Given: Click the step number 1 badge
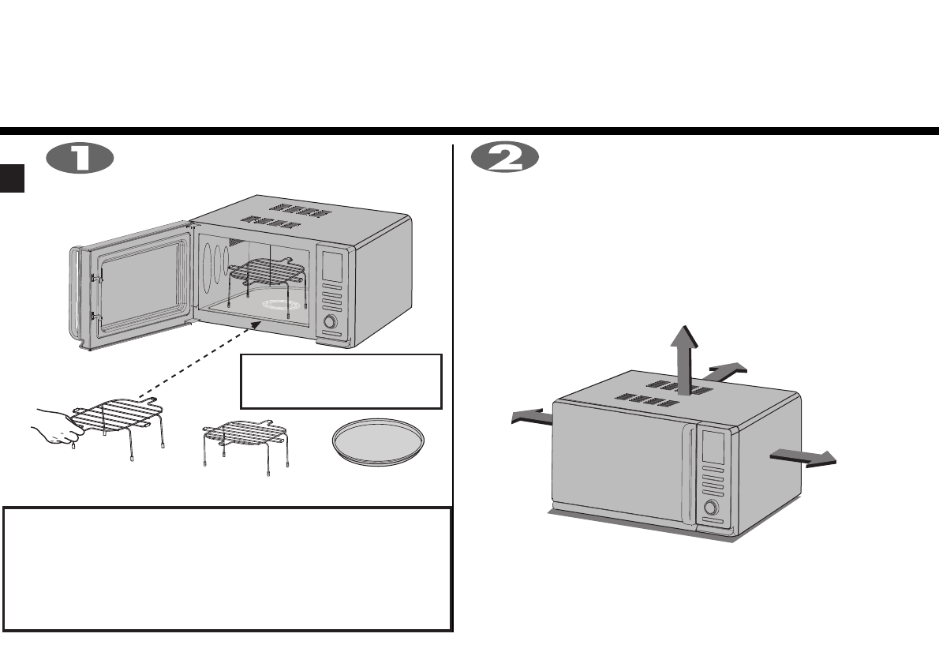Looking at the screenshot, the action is tap(81, 158).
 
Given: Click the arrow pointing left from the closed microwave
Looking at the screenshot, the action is tap(531, 417).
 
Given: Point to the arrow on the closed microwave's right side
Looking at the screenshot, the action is tap(802, 457).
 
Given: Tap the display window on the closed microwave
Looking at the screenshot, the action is tap(712, 446).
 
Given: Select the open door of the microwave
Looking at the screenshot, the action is tap(130, 288).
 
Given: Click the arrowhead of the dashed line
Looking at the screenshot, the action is tap(255, 324).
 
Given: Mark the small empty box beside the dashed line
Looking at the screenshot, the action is tap(340, 380).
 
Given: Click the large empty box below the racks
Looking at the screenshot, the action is tap(227, 568).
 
